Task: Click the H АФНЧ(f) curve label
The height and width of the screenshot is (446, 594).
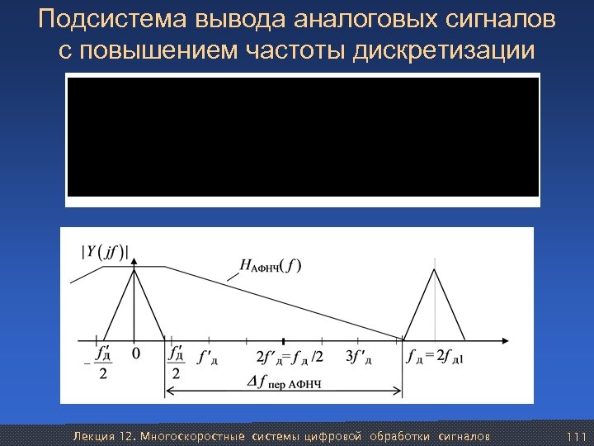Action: click(270, 265)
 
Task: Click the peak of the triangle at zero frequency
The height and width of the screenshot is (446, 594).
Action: click(136, 268)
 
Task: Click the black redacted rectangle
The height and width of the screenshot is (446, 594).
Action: click(303, 137)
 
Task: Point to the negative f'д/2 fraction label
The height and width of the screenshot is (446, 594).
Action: click(101, 363)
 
